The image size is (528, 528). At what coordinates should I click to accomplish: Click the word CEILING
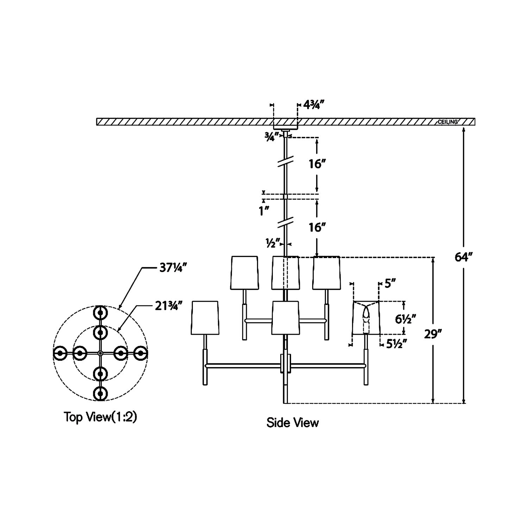tap(447, 122)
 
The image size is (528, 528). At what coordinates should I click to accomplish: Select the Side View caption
tap(293, 422)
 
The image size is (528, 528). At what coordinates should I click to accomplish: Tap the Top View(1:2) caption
tap(100, 417)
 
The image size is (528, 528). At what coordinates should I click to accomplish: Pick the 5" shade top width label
tap(390, 283)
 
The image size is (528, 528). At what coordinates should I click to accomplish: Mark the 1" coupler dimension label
tap(264, 211)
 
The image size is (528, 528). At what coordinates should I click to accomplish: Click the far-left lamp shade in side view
tap(205, 318)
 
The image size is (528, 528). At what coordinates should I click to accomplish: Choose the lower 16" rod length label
tap(316, 228)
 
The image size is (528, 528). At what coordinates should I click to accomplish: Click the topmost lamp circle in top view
tap(100, 312)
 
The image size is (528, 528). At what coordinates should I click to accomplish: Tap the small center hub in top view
tap(100, 353)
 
